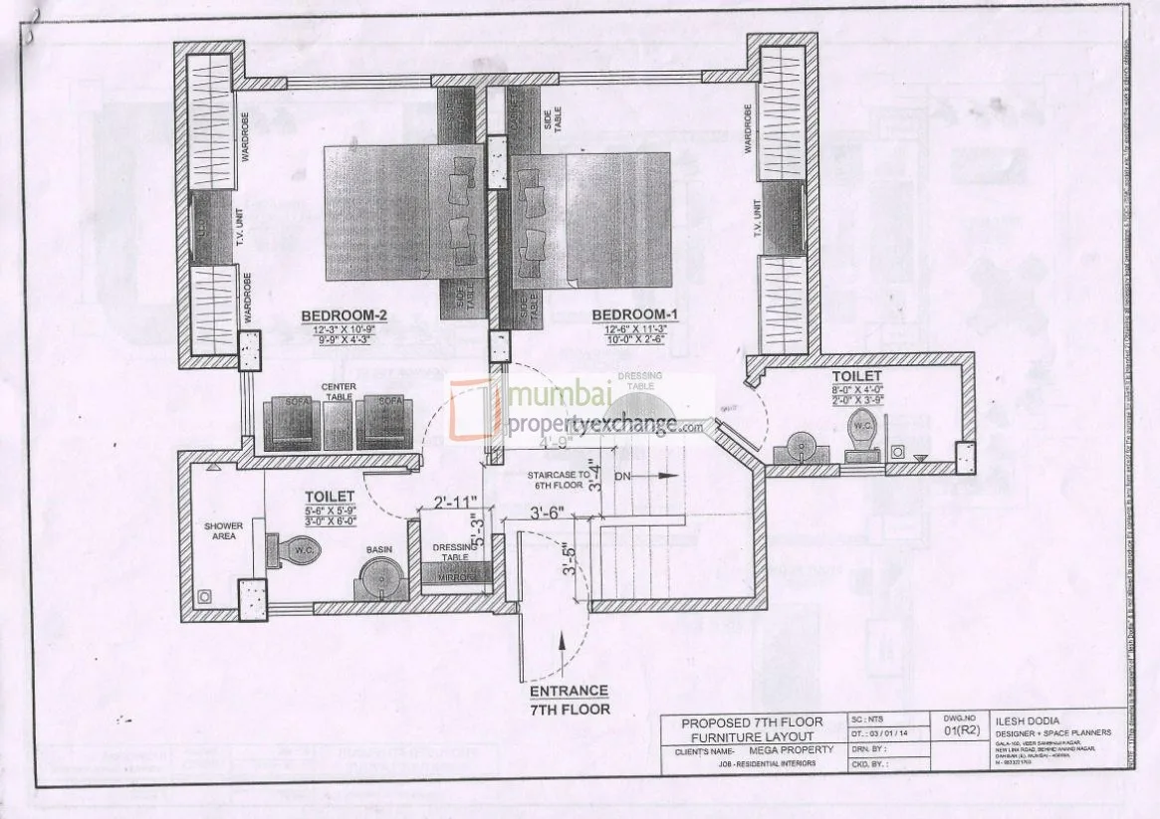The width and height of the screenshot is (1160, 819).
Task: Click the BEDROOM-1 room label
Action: pyautogui.click(x=634, y=316)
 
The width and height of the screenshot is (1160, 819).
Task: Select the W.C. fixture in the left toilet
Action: pyautogui.click(x=295, y=550)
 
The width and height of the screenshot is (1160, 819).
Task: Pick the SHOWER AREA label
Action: pyautogui.click(x=223, y=532)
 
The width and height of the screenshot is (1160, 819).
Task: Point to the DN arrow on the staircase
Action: pyautogui.click(x=647, y=477)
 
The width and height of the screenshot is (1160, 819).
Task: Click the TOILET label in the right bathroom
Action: pyautogui.click(x=856, y=376)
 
